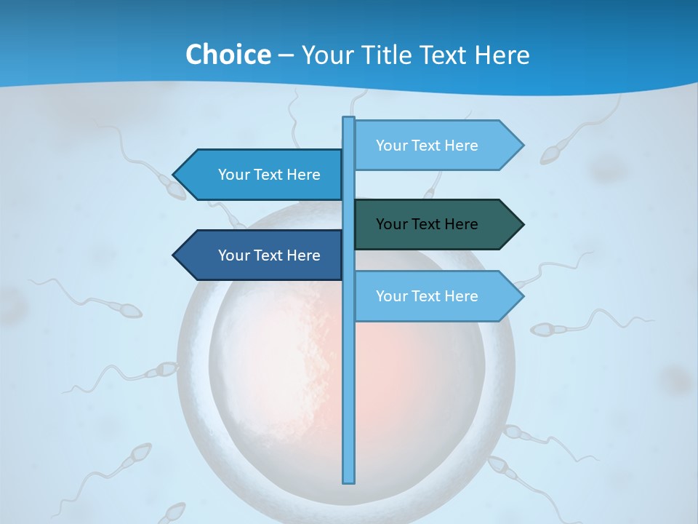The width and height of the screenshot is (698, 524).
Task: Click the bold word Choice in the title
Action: click(228, 55)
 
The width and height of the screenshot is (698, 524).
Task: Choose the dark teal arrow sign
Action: click(436, 224)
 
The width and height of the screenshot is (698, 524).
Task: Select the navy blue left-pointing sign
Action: click(262, 255)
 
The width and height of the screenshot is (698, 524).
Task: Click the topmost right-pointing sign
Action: click(436, 146)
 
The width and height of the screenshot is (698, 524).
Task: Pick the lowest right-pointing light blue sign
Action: click(436, 296)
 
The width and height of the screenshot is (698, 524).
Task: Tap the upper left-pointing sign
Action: click(262, 175)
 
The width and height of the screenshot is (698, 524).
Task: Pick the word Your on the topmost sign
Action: click(391, 146)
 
